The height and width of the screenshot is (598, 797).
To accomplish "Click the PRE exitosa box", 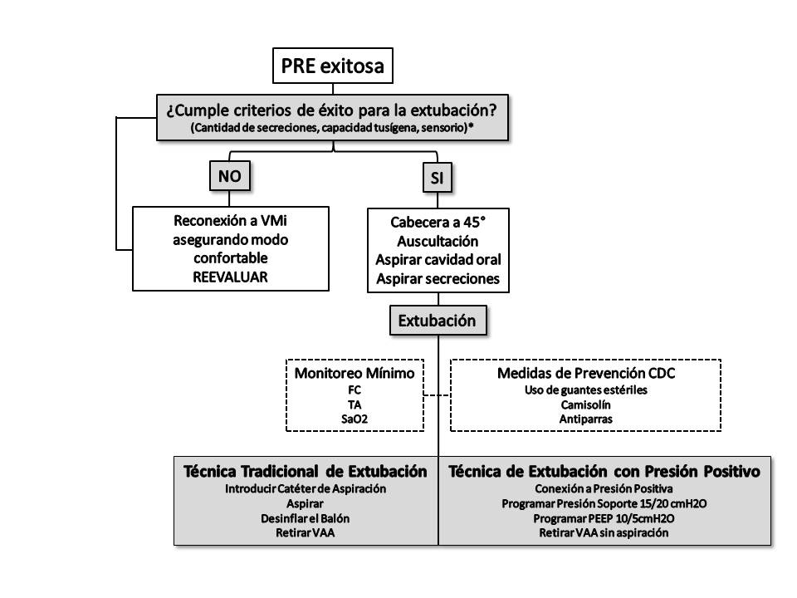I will (x=332, y=66).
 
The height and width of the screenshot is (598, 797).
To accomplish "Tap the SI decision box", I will (x=437, y=178).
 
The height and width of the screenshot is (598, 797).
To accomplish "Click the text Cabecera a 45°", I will (x=438, y=223).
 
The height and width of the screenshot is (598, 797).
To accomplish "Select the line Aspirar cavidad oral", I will (x=438, y=260).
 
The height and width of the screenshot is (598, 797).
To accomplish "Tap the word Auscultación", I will (x=438, y=242).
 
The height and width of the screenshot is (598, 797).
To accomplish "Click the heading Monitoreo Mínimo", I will (x=354, y=373).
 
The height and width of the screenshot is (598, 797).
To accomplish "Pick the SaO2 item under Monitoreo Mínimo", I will (x=354, y=419).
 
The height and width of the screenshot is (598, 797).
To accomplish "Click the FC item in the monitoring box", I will (x=354, y=389).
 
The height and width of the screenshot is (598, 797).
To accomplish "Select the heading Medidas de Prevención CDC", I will (x=586, y=373).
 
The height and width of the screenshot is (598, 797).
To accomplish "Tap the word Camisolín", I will (x=586, y=404).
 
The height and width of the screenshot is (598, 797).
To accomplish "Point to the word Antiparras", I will (x=586, y=419).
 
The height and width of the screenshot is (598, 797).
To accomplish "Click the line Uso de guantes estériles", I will (x=586, y=390).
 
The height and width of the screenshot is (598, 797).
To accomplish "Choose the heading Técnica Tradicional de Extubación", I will (x=305, y=472).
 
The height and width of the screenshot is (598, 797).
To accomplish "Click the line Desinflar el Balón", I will (x=305, y=517).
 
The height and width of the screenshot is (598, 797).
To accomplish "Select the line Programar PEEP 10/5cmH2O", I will (x=604, y=518).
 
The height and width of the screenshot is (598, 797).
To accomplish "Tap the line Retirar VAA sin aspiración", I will (x=604, y=533).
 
